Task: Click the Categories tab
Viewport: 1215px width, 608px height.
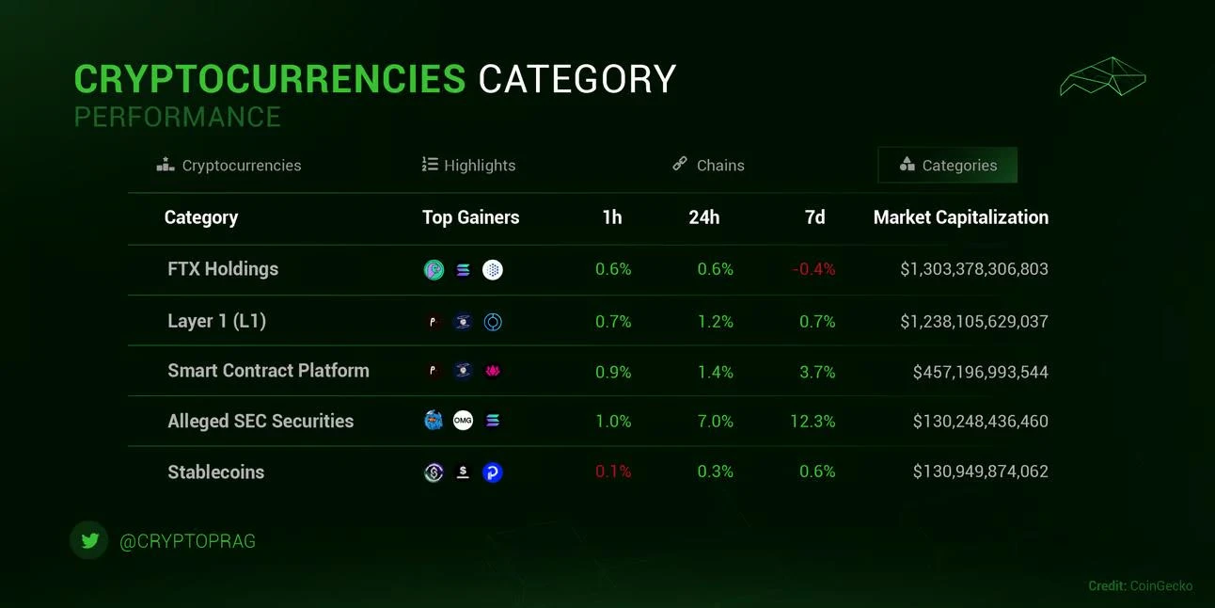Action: (x=948, y=166)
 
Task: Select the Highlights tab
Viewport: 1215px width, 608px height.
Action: (x=468, y=166)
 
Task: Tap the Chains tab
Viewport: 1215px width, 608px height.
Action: (x=708, y=166)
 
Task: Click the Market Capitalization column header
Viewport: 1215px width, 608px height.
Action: (x=960, y=217)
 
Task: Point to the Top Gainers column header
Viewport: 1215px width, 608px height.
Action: (x=470, y=217)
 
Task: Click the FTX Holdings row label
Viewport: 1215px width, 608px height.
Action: (x=223, y=269)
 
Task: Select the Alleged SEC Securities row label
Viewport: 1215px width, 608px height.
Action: (x=260, y=422)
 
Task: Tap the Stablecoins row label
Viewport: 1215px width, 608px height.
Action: (x=215, y=472)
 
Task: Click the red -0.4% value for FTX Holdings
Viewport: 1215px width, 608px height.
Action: (x=813, y=269)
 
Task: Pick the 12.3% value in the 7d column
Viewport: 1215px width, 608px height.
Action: (x=813, y=422)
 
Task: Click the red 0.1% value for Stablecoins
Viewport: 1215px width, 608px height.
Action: (x=613, y=472)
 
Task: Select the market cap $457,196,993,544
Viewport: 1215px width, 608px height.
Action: (x=980, y=372)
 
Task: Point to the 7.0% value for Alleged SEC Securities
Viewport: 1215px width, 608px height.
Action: (x=715, y=422)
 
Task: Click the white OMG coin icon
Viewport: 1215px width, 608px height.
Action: (x=463, y=421)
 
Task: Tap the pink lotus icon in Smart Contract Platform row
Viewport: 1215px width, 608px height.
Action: (x=493, y=371)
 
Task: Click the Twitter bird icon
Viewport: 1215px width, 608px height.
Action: (x=89, y=541)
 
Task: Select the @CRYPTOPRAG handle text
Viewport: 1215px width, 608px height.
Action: (x=187, y=542)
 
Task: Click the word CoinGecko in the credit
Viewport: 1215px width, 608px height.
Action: (x=1161, y=586)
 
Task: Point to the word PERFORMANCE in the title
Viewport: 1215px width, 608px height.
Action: (x=178, y=118)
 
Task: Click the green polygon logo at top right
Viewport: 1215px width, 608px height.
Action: (x=1102, y=77)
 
